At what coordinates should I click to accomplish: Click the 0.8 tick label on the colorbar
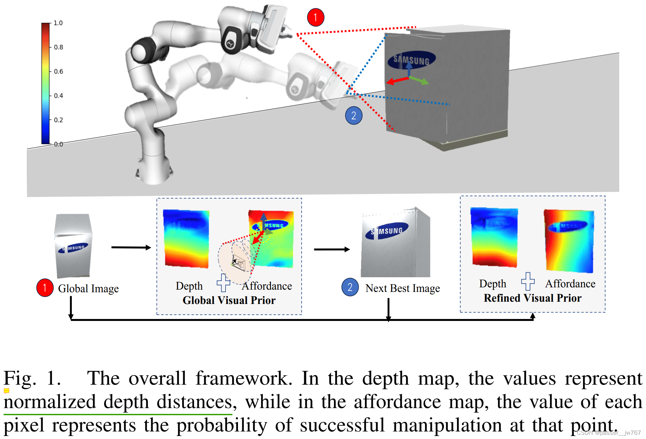pos(58,47)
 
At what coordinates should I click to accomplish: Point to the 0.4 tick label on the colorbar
pos(58,96)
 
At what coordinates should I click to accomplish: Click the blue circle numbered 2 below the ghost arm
pos(354,115)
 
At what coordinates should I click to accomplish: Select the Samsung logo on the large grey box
pos(411,60)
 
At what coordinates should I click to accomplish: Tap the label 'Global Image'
pos(88,289)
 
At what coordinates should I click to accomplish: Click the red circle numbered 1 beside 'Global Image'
pos(45,288)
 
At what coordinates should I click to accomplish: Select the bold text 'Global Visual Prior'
pos(229,300)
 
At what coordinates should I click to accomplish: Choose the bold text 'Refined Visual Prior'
pos(532,298)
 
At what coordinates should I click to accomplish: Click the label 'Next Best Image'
pos(402,288)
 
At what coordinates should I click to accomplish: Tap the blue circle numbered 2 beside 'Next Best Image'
pos(350,287)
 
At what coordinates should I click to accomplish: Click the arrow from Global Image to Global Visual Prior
pos(131,248)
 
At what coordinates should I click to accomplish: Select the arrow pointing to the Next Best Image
pos(332,250)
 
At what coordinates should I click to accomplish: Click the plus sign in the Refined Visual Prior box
pos(528,281)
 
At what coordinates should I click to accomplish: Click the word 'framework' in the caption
pos(244,379)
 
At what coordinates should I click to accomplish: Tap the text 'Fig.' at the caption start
pos(20,379)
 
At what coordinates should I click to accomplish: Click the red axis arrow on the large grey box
pos(397,80)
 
